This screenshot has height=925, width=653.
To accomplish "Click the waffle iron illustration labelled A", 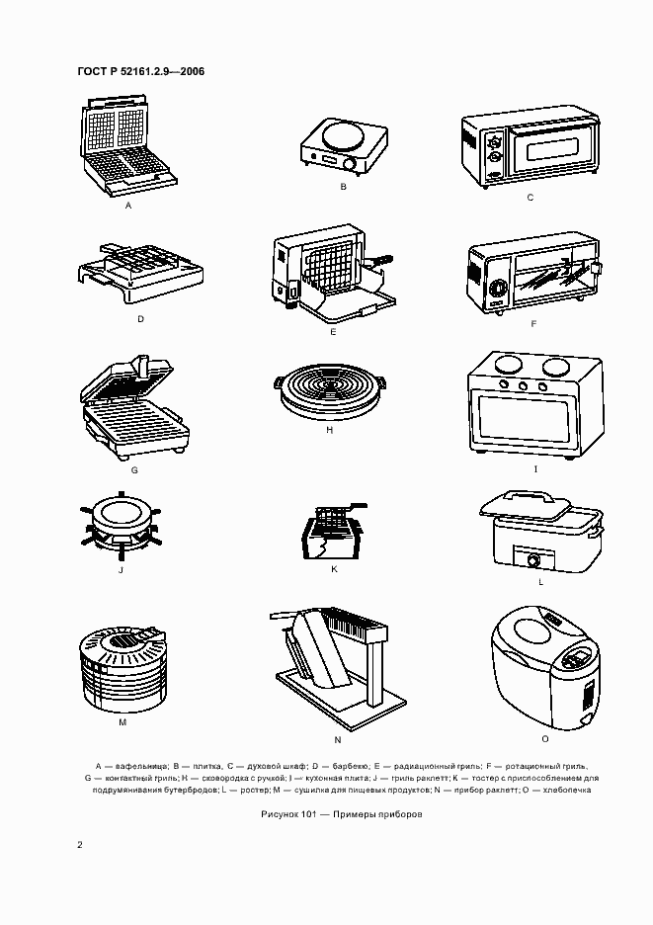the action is click(128, 144).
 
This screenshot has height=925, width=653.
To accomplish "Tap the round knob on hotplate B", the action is click(352, 165).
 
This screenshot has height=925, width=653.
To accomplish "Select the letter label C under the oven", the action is click(530, 198).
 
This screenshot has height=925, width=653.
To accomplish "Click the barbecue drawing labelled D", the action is click(140, 273).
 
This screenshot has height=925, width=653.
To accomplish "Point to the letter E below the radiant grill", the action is click(333, 332).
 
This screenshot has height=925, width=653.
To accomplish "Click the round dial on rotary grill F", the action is click(498, 289).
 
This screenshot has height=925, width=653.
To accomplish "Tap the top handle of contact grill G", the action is click(143, 366).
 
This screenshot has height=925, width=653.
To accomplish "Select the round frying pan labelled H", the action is click(330, 391).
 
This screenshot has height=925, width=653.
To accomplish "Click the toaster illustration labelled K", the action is click(334, 531).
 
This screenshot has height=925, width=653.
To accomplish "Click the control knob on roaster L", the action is click(533, 560).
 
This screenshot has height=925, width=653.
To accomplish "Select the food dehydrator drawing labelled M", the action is click(123, 670).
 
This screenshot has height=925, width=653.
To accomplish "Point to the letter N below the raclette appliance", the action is click(338, 740).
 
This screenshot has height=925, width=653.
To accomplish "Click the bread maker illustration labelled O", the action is click(545, 668).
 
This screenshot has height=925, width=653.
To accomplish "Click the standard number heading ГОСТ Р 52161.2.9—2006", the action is click(141, 71).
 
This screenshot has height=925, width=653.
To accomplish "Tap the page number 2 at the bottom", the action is click(80, 845).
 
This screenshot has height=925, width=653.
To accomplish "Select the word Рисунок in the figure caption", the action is click(279, 814).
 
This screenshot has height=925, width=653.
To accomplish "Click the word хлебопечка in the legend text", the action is click(566, 790).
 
